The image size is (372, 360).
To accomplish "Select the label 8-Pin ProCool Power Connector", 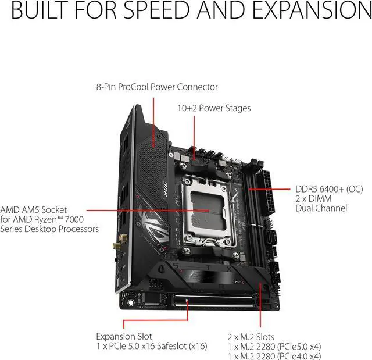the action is (157, 87).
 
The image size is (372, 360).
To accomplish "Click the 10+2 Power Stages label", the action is (214, 108).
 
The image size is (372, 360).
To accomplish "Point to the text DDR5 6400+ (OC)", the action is (329, 189).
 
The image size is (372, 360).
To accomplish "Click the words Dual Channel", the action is (321, 208).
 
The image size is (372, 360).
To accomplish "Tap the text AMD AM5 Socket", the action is (34, 210).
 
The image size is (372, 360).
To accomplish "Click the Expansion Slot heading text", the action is (124, 336).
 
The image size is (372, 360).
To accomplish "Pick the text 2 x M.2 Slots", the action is (251, 337).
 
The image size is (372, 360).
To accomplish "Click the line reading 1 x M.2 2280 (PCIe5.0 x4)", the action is (274, 347).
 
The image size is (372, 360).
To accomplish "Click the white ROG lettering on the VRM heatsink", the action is (165, 189).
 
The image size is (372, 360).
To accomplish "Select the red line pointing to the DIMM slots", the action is (269, 190).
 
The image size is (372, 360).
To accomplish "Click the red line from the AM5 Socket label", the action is (148, 211).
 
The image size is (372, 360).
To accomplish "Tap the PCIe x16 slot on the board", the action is (214, 301).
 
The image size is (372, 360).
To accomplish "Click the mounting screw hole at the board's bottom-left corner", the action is (130, 302).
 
